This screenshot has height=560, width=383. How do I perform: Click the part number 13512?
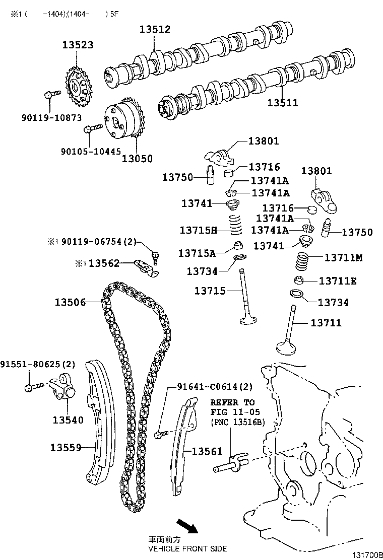coord(155,29)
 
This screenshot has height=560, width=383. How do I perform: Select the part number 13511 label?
coord(282,103)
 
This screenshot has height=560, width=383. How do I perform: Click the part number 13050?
coord(137,158)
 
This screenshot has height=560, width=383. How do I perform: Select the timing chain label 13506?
coord(70,302)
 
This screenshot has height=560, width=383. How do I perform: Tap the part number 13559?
coord(66,447)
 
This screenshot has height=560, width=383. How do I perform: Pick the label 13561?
coord(207,452)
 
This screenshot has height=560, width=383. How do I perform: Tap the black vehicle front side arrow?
coord(187,526)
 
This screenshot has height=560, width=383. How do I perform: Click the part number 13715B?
coord(198,230)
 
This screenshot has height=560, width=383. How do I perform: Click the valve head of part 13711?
coord(288,347)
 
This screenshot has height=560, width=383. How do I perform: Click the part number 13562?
coord(104,263)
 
